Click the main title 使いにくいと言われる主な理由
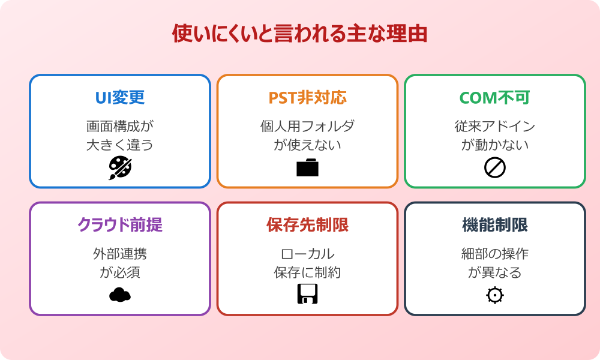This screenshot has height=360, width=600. point(299,34)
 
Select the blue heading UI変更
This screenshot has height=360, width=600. point(120,98)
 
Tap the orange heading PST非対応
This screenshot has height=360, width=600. point(307,98)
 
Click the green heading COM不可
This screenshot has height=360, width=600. point(494,98)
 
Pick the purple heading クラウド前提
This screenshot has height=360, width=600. point(120,225)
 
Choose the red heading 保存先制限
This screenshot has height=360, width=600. point(307,225)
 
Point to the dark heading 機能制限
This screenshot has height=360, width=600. point(494,225)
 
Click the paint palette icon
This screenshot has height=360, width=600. point(120,168)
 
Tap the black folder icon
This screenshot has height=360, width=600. point(307,168)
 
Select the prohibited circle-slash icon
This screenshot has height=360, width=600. point(494,168)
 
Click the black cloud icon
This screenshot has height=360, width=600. point(120,295)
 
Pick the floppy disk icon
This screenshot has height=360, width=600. point(307,294)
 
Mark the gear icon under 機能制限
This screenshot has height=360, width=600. point(494,295)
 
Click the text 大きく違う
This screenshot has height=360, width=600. point(120,145)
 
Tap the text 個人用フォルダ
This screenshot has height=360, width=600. point(307,127)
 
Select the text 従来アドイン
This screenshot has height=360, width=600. point(494,127)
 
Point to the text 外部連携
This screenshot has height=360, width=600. point(120,254)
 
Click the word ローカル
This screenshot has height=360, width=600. point(307,254)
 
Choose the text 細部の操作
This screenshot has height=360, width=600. point(494,254)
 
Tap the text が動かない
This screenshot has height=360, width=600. point(494,145)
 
